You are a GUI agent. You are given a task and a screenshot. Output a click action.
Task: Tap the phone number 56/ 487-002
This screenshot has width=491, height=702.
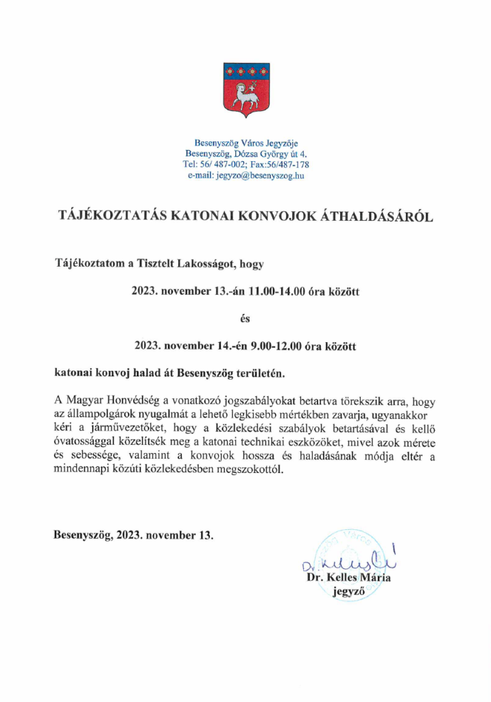point(217,165)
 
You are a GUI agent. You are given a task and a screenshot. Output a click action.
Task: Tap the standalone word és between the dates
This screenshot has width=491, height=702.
point(245,319)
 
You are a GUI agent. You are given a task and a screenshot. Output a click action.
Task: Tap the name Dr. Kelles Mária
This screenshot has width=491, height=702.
point(348,578)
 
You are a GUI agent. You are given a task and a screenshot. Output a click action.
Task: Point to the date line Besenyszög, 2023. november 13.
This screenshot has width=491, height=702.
point(134,534)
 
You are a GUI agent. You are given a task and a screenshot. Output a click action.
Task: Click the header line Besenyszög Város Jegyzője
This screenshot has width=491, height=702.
point(245,143)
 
